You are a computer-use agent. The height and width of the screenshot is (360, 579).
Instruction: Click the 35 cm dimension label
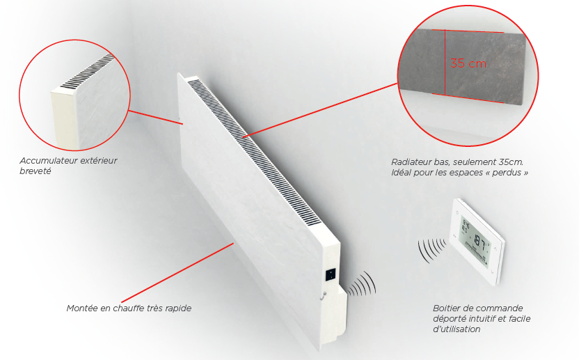468,63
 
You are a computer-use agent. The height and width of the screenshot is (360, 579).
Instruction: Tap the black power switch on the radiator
331,274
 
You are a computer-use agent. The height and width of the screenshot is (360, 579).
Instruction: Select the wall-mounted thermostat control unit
477,241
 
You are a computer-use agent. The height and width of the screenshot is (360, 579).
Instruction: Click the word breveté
35,171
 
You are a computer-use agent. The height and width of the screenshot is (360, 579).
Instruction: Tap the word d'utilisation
457,329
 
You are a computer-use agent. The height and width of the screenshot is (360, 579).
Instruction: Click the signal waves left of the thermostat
432,250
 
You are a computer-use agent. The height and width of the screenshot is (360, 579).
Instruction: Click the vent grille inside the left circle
88,71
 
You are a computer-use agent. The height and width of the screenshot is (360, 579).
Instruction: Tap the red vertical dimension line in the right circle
445,62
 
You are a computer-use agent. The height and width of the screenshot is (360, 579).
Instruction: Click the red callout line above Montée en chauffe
177,272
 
